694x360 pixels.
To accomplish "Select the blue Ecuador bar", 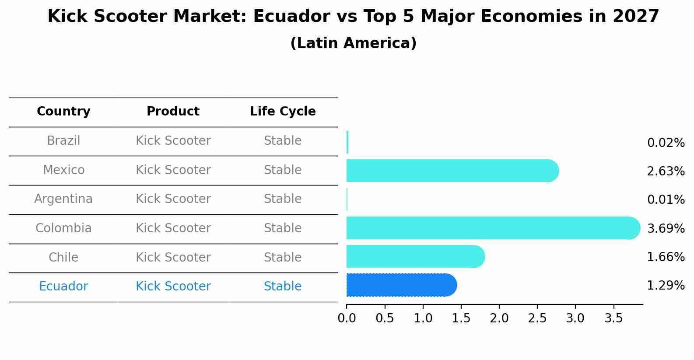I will pyautogui.click(x=400, y=285).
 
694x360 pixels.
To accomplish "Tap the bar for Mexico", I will pyautogui.click(x=451, y=171).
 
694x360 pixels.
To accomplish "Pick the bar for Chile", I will pyautogui.click(x=414, y=256).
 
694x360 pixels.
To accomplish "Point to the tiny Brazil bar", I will pyautogui.click(x=347, y=142).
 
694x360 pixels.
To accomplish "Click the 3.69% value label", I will pyautogui.click(x=666, y=228).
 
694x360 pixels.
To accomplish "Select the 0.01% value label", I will pyautogui.click(x=666, y=200).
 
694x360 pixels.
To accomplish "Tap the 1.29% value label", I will pyautogui.click(x=666, y=286).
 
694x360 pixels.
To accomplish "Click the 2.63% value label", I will pyautogui.click(x=666, y=171).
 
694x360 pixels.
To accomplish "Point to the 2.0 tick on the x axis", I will pyautogui.click(x=499, y=318).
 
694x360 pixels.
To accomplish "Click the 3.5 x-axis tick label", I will pyautogui.click(x=613, y=318).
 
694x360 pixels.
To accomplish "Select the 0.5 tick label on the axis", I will pyautogui.click(x=385, y=318).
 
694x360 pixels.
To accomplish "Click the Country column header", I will pyautogui.click(x=63, y=112).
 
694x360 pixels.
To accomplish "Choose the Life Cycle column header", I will pyautogui.click(x=283, y=112).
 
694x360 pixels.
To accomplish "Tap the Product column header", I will pyautogui.click(x=173, y=112).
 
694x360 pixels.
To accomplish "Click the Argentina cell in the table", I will pyautogui.click(x=63, y=199).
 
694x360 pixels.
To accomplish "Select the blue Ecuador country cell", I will pyautogui.click(x=63, y=287).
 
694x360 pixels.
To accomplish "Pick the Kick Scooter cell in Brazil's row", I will pyautogui.click(x=173, y=141).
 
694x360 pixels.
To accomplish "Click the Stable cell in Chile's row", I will pyautogui.click(x=283, y=257).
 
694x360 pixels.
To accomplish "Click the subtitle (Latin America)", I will pyautogui.click(x=353, y=43).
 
